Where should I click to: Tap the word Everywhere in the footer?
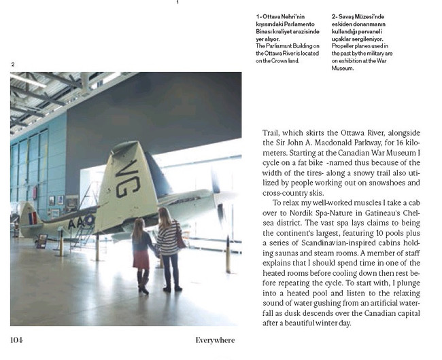click(x=215, y=340)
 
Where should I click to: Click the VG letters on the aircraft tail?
click(x=127, y=177)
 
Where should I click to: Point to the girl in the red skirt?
click(x=141, y=255)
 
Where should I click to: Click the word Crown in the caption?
click(x=286, y=60)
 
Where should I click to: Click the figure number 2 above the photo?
click(x=13, y=65)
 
